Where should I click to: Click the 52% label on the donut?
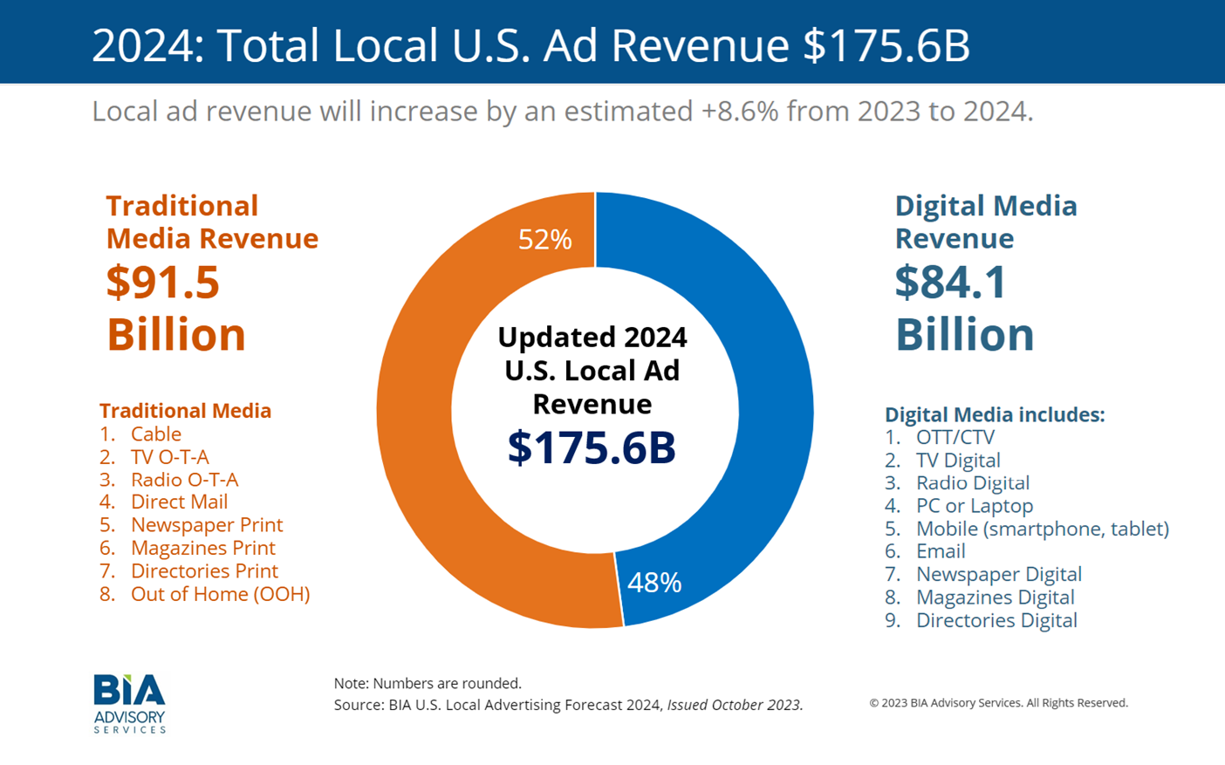click(x=544, y=239)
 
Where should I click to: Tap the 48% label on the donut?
click(x=654, y=583)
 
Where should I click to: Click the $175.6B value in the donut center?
click(x=592, y=447)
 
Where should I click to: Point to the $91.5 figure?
click(x=163, y=283)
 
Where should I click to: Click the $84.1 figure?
click(x=951, y=283)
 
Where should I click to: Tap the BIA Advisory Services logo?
click(x=129, y=703)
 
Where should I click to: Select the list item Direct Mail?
click(x=179, y=502)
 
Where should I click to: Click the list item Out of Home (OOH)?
click(x=220, y=594)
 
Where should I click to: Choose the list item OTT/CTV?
click(x=955, y=437)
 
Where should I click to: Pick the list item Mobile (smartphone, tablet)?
click(x=1042, y=529)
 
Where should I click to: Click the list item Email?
click(x=941, y=551)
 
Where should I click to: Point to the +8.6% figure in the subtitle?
click(x=740, y=112)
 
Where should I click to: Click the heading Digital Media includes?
click(x=995, y=414)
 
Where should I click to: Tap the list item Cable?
click(x=156, y=434)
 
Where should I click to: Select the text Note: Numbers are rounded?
click(x=428, y=683)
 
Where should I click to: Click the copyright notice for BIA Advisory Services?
click(x=998, y=703)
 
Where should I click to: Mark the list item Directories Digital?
click(x=996, y=620)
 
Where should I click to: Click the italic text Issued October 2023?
click(x=735, y=705)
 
